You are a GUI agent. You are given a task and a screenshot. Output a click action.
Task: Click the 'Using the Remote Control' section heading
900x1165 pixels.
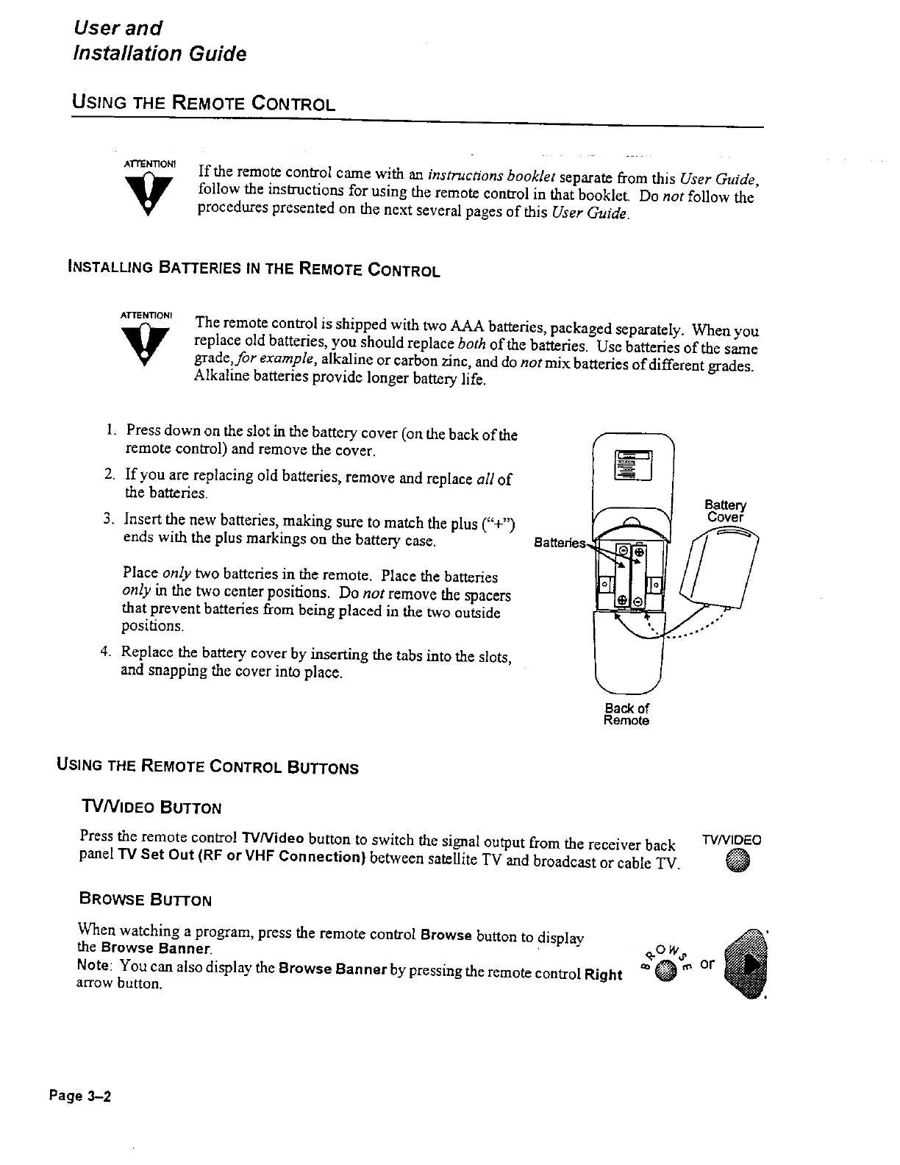click(x=203, y=102)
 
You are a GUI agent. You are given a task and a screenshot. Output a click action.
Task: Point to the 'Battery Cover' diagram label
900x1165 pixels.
click(x=725, y=510)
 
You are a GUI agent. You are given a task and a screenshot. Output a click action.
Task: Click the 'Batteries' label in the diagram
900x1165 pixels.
click(x=560, y=543)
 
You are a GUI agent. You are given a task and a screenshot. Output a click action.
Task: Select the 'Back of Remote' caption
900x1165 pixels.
click(x=626, y=714)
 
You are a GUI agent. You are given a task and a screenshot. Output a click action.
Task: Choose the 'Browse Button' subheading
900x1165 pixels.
click(x=145, y=899)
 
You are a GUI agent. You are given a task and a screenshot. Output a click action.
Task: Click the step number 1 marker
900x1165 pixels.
click(x=110, y=430)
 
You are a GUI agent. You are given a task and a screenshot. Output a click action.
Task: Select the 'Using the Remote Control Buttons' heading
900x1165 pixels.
click(x=207, y=768)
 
